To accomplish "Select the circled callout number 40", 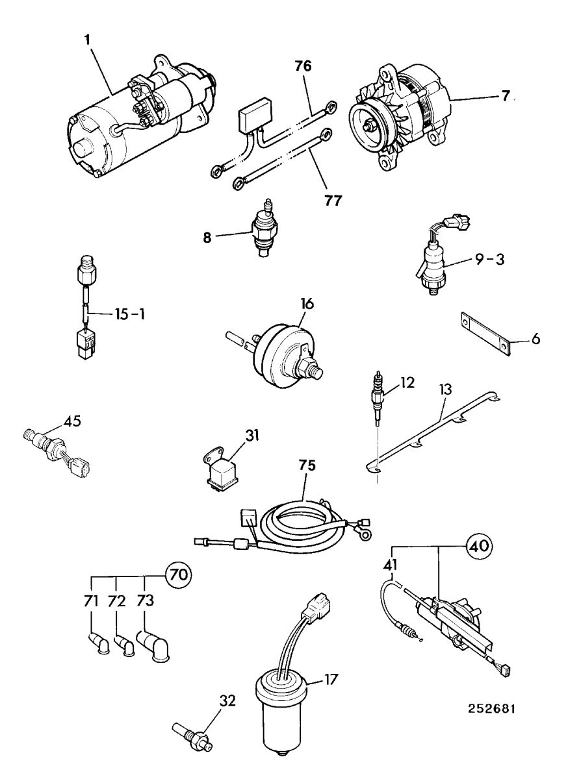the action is (x=480, y=546).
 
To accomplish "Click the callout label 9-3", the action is (x=490, y=260).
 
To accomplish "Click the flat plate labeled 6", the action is (x=486, y=334).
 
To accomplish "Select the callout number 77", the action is (x=333, y=201).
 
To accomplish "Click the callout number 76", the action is (x=303, y=66).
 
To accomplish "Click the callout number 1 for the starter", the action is (x=87, y=40).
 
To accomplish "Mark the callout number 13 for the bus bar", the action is (x=445, y=389).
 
